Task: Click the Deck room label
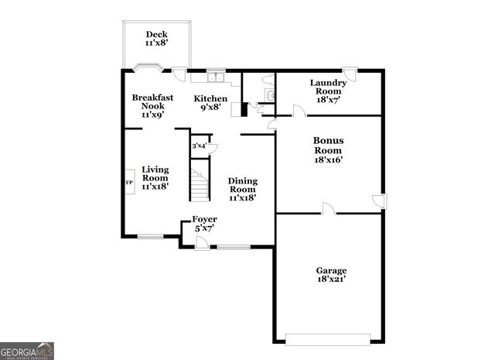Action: [157, 39]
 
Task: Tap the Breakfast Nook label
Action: [152, 106]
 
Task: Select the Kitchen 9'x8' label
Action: [210, 103]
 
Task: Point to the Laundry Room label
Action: [327, 91]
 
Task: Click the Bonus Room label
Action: [328, 150]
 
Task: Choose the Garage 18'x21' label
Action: [331, 276]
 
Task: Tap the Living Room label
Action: [155, 177]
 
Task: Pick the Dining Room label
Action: [242, 189]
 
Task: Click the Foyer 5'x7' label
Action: [204, 224]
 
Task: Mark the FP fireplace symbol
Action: [129, 182]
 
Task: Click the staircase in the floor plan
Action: [200, 186]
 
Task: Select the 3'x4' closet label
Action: [199, 146]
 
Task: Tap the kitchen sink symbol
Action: [214, 77]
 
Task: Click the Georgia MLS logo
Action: [27, 351]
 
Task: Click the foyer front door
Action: [201, 243]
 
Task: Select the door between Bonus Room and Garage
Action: [328, 209]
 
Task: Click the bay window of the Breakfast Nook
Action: [148, 67]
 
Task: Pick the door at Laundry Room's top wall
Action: [350, 75]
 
